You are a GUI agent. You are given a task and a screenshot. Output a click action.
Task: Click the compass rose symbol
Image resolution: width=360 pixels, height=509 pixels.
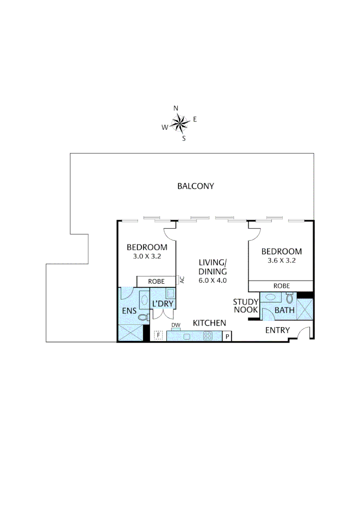click(180, 124)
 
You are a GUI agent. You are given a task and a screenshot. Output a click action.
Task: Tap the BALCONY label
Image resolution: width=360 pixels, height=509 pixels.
click(196, 186)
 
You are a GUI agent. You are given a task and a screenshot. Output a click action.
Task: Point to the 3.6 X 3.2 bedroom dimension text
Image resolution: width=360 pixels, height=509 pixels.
click(282, 261)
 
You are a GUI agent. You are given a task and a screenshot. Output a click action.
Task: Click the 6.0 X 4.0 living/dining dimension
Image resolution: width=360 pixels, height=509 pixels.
click(213, 280)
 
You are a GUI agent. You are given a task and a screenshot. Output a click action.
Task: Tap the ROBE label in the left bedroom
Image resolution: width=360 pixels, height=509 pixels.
click(156, 281)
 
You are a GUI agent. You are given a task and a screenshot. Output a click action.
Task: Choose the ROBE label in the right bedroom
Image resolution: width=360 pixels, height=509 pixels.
click(281, 286)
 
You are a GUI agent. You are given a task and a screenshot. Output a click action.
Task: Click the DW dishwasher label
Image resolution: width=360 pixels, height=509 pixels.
click(176, 325)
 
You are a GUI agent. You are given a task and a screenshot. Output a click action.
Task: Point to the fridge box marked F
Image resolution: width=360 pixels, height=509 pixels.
click(159, 336)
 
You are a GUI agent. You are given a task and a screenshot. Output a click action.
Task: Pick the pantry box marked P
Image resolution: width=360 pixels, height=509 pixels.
click(227, 337)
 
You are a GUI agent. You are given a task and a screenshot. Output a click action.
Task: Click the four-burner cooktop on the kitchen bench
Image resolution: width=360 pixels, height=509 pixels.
click(208, 336)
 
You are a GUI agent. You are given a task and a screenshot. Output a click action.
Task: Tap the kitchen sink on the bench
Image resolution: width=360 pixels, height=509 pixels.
click(187, 337)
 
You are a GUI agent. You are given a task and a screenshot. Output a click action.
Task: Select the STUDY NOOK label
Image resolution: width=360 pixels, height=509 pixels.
click(245, 306)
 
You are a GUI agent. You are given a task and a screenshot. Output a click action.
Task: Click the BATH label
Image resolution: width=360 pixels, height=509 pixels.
click(285, 310)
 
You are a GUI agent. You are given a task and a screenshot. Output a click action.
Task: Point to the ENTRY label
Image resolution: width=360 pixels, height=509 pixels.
click(277, 330)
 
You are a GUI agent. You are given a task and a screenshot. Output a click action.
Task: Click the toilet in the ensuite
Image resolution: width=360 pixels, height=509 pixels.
click(143, 317)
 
